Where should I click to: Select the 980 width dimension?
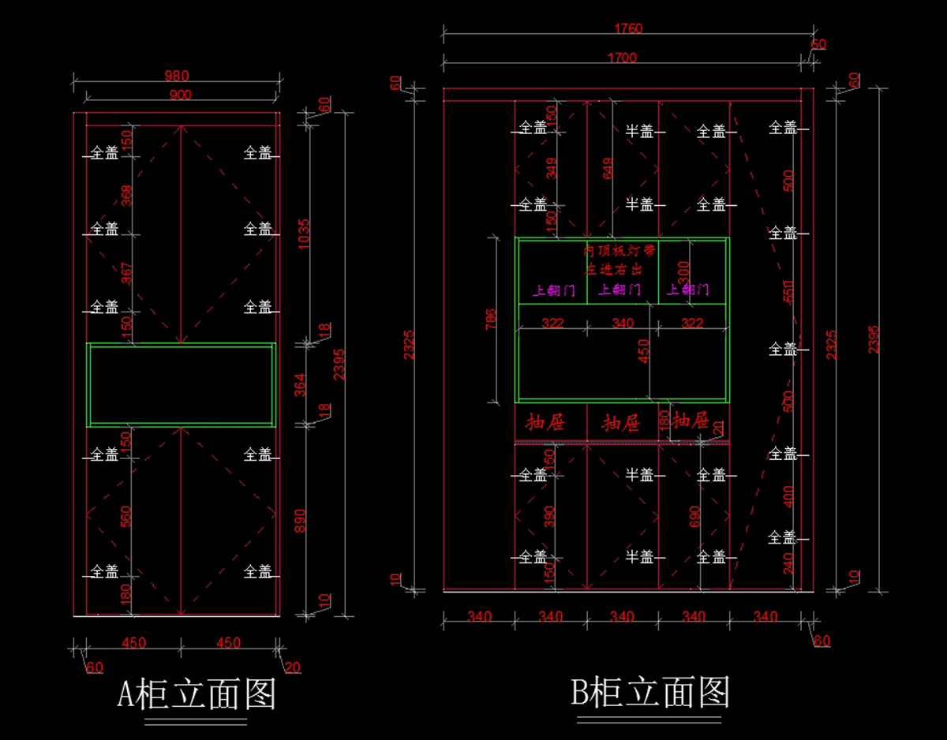tap(177, 76)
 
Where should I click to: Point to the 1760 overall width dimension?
tap(629, 28)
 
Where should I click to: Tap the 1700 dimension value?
tap(623, 57)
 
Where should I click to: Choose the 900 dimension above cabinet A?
tap(180, 95)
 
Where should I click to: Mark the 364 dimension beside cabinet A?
tap(301, 384)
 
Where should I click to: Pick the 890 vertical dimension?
tap(301, 520)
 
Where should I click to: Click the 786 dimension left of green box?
tap(491, 320)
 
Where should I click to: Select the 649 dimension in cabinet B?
tap(608, 168)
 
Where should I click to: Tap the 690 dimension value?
tap(695, 516)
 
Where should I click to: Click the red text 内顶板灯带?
tap(619, 251)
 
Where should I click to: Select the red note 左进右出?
tap(613, 269)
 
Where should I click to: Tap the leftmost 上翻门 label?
tap(554, 290)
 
